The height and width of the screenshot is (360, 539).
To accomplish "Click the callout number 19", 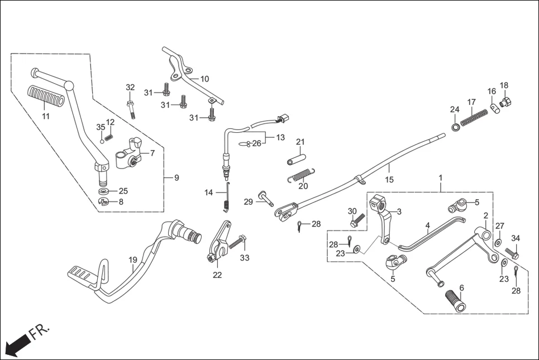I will [132, 260].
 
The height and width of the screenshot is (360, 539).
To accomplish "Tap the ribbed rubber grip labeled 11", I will [46, 97].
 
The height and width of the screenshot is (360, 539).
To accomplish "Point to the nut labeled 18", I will [507, 102].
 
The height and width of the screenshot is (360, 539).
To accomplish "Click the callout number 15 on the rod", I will [389, 179].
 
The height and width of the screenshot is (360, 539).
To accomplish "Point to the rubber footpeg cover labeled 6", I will [455, 301].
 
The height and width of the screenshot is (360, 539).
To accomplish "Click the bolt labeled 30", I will [356, 220].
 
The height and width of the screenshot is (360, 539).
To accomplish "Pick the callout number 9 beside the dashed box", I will [177, 178].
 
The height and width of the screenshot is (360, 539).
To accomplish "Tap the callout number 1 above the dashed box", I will [440, 177].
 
